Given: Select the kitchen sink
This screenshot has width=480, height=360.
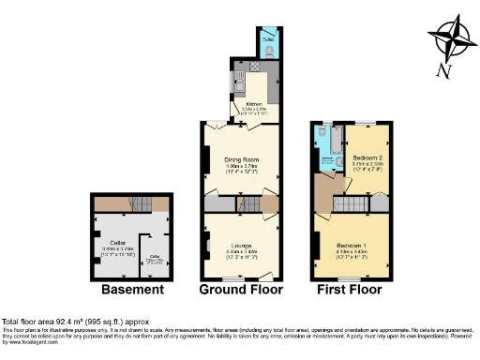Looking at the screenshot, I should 239,90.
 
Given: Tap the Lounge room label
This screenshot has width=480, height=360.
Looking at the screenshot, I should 240,247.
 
